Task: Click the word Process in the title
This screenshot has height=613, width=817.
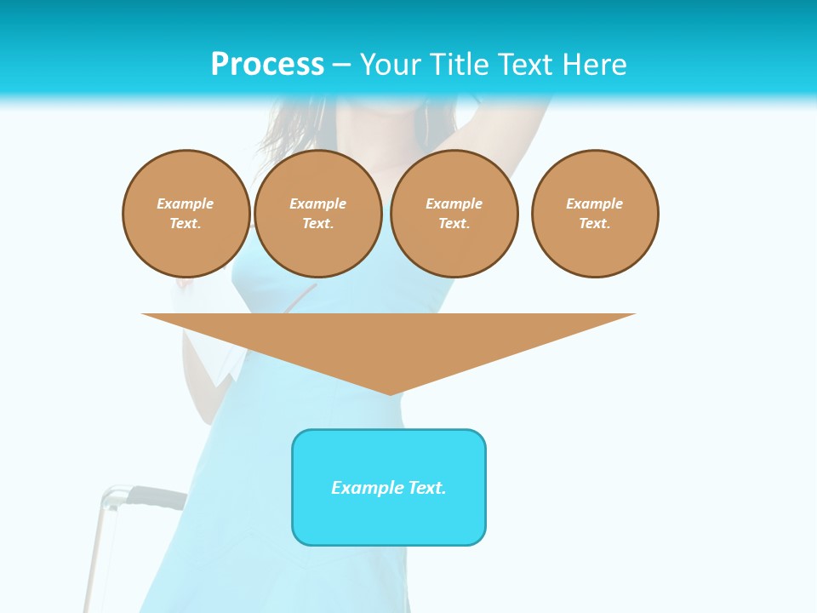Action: point(267,65)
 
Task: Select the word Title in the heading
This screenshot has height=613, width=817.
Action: point(460,65)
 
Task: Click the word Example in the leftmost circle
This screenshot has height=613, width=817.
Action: point(186,203)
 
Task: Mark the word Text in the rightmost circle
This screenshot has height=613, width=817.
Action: point(594,223)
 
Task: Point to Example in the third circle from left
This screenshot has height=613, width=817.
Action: point(454,203)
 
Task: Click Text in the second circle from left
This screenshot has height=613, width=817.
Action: point(317,223)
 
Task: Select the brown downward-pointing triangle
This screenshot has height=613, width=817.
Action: point(389,341)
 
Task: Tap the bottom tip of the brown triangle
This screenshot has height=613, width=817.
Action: point(389,392)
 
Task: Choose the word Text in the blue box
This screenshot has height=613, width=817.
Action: point(426,488)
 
